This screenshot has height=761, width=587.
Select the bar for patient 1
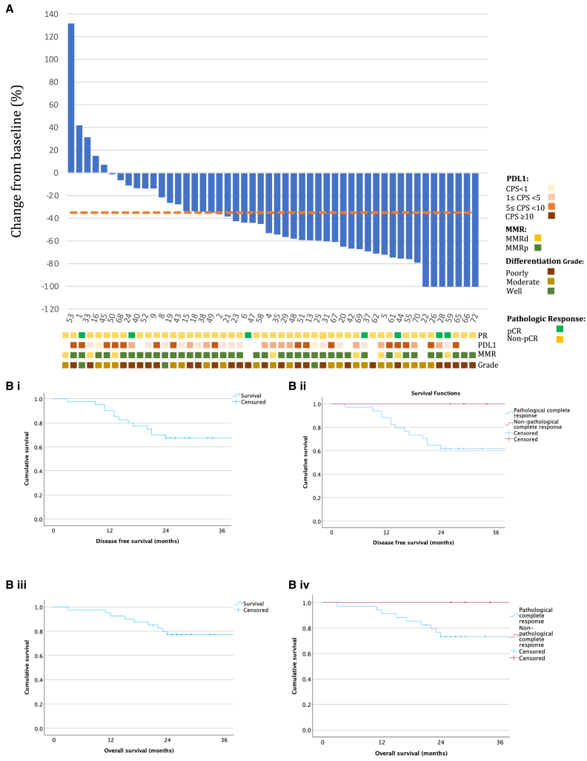(x=79, y=149)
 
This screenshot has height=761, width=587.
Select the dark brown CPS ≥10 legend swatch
(x=551, y=217)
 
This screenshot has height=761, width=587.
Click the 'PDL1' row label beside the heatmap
(x=488, y=345)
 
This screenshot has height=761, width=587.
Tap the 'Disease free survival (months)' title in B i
(x=137, y=542)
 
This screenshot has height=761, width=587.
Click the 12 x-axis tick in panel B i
(x=110, y=532)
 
